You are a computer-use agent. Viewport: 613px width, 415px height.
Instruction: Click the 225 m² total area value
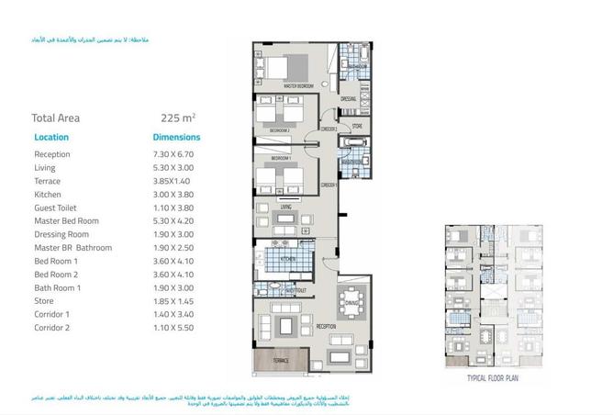coord(178,118)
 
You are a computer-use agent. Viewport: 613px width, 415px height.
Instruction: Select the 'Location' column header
coord(51,137)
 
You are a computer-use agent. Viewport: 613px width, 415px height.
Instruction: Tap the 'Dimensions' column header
coord(175,137)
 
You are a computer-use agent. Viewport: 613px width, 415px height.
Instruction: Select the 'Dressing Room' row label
coord(62,234)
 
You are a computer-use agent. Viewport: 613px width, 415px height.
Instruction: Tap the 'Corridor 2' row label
coord(54,327)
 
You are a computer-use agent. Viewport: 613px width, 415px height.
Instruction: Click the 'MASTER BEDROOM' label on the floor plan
coord(298,85)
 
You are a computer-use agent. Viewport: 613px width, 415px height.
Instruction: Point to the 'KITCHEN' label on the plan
coord(286,260)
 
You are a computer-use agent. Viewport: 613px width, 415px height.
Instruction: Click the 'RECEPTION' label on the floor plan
coord(326,325)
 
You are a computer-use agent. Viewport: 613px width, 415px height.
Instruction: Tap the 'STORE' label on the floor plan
coord(356,127)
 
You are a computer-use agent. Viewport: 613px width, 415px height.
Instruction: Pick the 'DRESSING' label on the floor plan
coord(349,98)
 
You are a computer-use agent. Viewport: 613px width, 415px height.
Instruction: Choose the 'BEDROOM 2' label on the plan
coord(280,131)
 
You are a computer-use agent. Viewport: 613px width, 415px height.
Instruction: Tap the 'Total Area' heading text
coord(56,118)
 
